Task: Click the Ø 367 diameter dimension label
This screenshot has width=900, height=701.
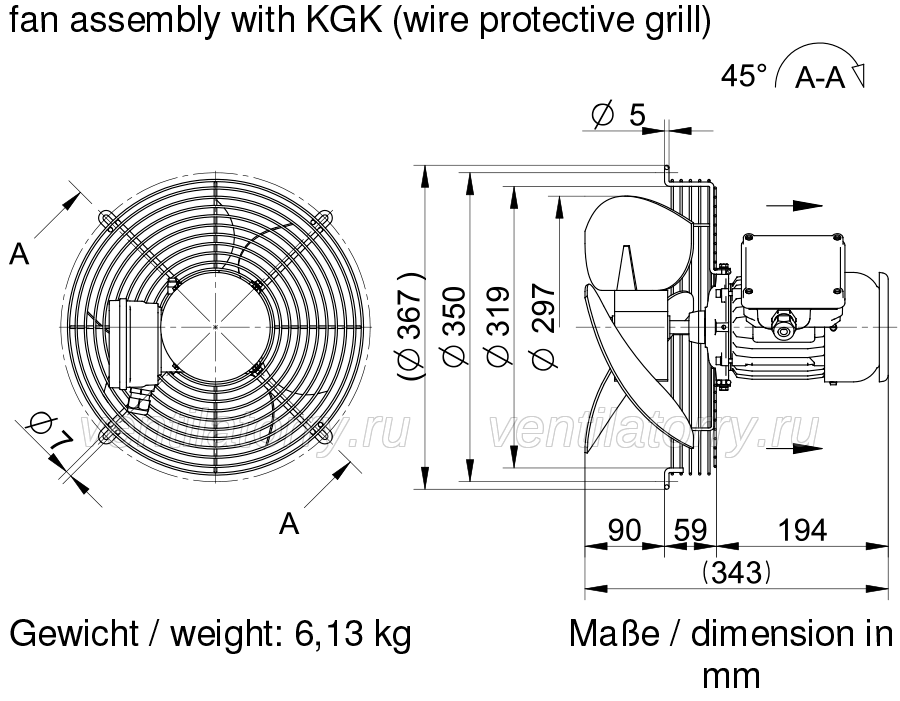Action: point(412,327)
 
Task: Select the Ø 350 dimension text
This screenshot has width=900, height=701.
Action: point(454,326)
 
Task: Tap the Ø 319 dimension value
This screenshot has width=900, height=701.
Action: point(498,326)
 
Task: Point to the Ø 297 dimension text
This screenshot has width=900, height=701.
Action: point(544,326)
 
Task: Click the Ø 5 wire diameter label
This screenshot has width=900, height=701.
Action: point(619,114)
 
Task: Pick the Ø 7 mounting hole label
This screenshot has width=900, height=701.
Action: point(51,432)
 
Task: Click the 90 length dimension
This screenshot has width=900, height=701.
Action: point(624,530)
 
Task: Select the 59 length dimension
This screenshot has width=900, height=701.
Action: point(690,530)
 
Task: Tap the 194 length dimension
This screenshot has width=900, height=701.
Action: point(802,530)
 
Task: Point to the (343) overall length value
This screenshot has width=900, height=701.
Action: point(736,572)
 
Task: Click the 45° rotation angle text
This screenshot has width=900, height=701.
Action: point(744,75)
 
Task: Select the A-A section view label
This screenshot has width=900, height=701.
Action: point(820,78)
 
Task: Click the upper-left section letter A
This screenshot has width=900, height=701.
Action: point(19,253)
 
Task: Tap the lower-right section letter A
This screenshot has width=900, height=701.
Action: point(289,523)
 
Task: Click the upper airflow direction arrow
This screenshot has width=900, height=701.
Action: point(794,205)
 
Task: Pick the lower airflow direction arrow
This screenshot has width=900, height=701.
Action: point(788,447)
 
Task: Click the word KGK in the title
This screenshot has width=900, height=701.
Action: point(344,20)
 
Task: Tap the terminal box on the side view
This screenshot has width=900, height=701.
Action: point(793,270)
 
